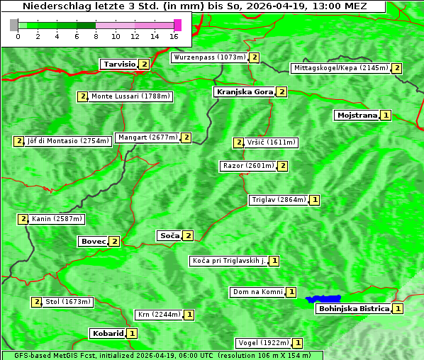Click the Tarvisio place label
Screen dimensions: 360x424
pos(119,64)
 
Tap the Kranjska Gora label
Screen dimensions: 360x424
pos(244,92)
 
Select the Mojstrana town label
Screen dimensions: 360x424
pos(357,115)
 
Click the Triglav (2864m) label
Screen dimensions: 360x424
pos(279,200)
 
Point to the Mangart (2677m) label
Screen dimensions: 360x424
pos(147,137)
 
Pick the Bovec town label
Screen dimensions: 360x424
pos(93,242)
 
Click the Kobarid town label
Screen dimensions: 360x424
pos(108,333)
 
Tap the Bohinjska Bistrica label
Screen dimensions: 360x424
pos(354,308)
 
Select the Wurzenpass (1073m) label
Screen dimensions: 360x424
pos(210,57)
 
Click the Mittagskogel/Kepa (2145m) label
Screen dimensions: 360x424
pos(340,68)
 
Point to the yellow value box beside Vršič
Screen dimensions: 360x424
pos(238,142)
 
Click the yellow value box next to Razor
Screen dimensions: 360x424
pos(282,166)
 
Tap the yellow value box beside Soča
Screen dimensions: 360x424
pos(188,235)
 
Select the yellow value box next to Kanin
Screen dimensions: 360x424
pos(23,219)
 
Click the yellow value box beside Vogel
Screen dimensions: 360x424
pos(298,343)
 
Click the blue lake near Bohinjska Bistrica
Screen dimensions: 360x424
pos(323,299)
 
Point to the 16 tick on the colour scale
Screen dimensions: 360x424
pos(174,35)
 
